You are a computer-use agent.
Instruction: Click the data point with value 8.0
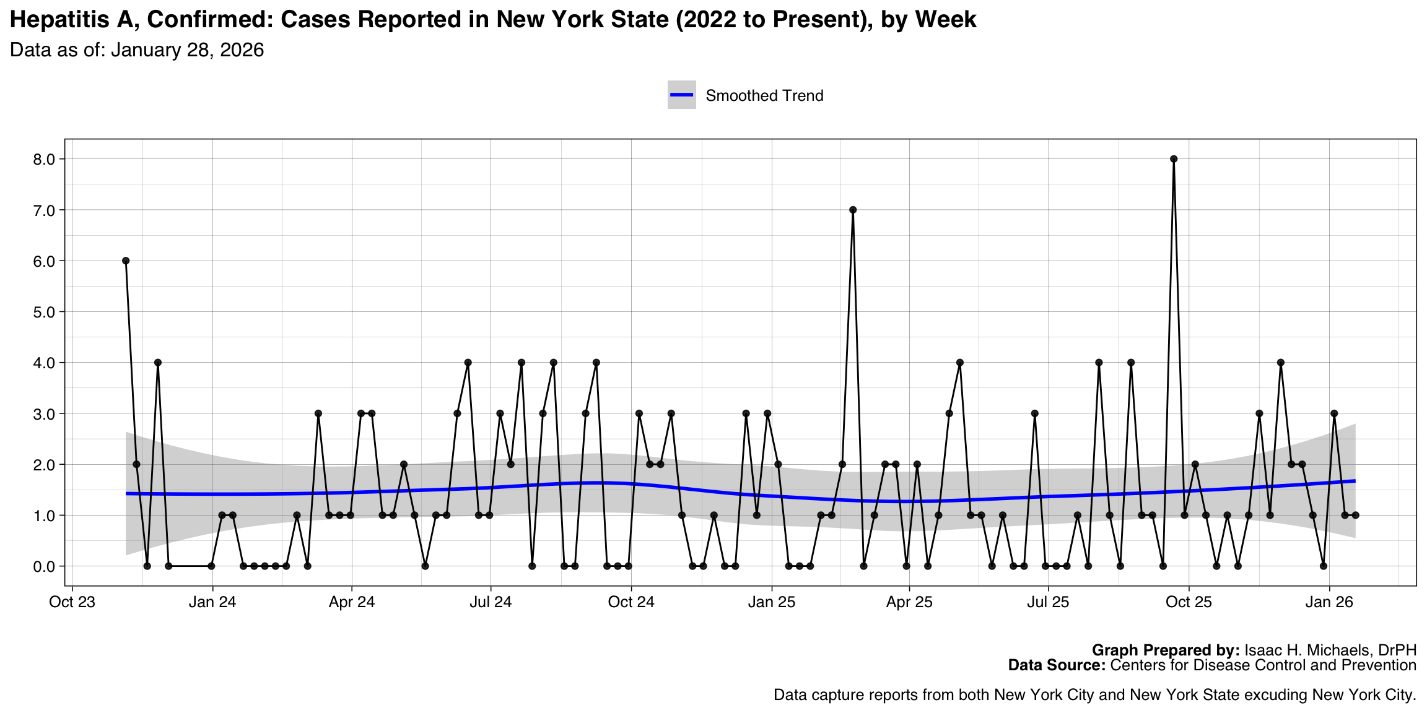pyautogui.click(x=1173, y=159)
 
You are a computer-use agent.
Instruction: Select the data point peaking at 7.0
pyautogui.click(x=853, y=210)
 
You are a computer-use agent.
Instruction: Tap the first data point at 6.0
pyautogui.click(x=126, y=261)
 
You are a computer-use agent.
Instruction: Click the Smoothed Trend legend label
pyautogui.click(x=764, y=96)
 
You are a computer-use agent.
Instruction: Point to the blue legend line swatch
pyautogui.click(x=681, y=95)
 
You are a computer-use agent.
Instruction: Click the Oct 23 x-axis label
pyautogui.click(x=72, y=602)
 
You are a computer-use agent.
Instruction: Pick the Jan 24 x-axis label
pyautogui.click(x=212, y=602)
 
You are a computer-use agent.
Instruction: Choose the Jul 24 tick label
pyautogui.click(x=491, y=602)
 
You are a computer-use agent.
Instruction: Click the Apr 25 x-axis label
pyautogui.click(x=909, y=602)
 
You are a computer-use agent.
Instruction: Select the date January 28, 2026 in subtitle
pyautogui.click(x=187, y=50)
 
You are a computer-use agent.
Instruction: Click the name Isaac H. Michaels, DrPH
pyautogui.click(x=1330, y=650)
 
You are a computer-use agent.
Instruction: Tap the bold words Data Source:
pyautogui.click(x=1057, y=665)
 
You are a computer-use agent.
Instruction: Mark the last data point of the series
pyautogui.click(x=1355, y=515)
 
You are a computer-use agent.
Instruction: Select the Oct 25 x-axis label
pyautogui.click(x=1189, y=602)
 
